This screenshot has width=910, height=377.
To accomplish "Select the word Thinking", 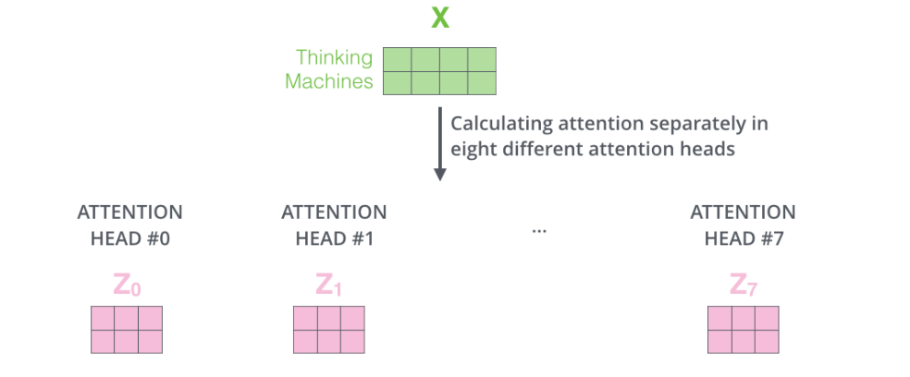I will point(335,57).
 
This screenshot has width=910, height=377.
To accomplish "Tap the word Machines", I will point(328,81).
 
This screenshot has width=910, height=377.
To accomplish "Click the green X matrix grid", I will point(440,71).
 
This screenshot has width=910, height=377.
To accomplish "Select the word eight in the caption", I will point(472,148).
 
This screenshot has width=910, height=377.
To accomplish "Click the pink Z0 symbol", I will point(127,285).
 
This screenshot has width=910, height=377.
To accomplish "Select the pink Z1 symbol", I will point(329,285).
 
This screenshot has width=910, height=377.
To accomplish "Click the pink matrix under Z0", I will point(127,330).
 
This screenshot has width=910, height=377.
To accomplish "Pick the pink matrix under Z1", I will point(329,330).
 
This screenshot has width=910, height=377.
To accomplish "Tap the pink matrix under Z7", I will point(743,330).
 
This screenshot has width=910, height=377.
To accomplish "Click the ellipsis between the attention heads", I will point(540,229).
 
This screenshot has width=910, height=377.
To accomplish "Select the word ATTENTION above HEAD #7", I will point(743,213).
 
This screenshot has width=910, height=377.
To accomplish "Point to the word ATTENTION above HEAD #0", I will point(129,213).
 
